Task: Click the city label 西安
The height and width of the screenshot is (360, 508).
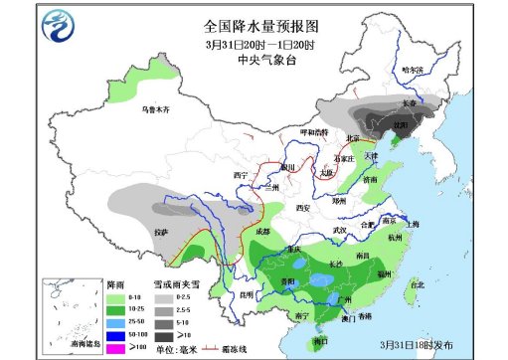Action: coord(304,207)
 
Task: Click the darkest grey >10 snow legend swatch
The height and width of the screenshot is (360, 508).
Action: coord(161,334)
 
